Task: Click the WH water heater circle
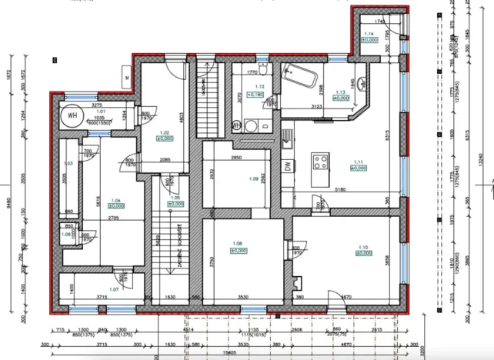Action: point(72,116)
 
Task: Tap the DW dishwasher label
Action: point(287,168)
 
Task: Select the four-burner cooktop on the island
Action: point(319,162)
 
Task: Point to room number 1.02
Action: point(163,132)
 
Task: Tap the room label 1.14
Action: point(369,34)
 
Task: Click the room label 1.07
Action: point(114,289)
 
